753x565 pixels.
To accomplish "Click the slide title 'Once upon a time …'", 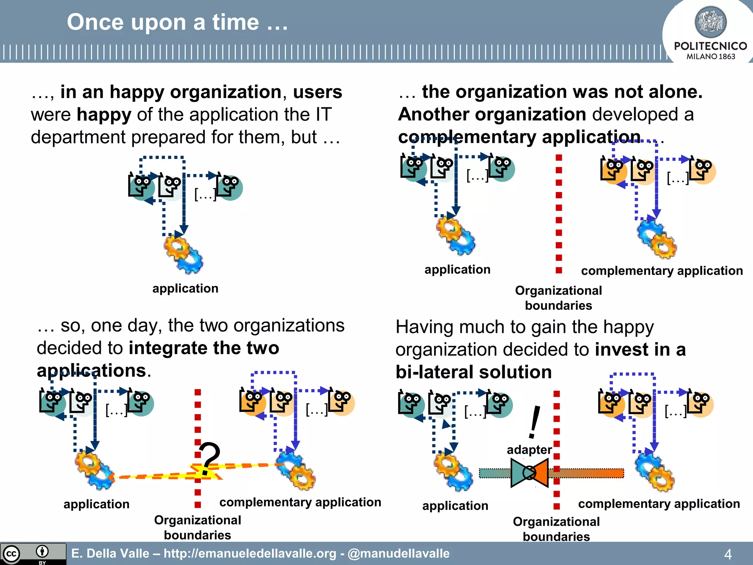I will (177, 22).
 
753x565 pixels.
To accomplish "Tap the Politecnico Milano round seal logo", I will (710, 22).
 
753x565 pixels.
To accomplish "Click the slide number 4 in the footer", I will (728, 554).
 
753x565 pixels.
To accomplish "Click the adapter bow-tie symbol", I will (529, 473).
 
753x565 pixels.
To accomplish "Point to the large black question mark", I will (209, 458).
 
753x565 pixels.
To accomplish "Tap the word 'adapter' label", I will (529, 449).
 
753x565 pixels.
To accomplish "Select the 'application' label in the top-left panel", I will (185, 288).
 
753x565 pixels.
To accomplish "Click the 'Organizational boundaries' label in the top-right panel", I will (558, 298).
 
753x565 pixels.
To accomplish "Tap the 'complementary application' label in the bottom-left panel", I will (300, 502).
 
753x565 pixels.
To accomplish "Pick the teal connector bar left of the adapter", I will (495, 473).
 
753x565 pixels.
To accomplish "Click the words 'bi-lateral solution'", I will (474, 372).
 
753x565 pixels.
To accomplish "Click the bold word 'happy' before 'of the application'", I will (104, 114).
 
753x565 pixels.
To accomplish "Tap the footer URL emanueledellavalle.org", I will (250, 554).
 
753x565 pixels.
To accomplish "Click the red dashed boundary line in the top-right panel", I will (559, 213).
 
